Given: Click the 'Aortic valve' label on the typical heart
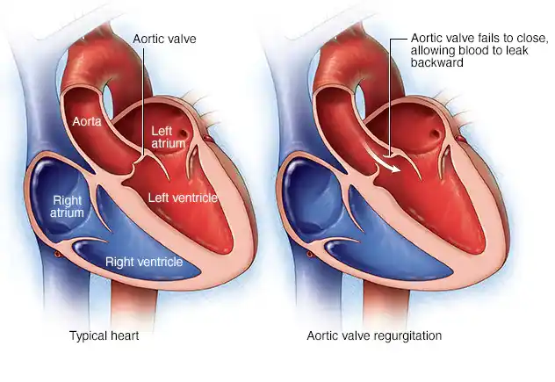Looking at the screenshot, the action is tap(164, 39).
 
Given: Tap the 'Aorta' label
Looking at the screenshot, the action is tap(87, 121).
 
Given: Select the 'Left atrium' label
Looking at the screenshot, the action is tap(168, 137).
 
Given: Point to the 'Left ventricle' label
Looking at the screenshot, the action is tap(183, 198).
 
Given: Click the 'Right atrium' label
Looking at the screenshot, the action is tap(67, 206).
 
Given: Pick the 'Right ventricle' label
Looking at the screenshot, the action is tap(144, 262).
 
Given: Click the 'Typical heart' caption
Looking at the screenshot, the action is tap(104, 335).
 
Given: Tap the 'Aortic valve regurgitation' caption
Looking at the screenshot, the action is tap(374, 335).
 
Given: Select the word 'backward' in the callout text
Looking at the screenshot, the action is tap(437, 62).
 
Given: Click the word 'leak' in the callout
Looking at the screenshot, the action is tap(516, 50).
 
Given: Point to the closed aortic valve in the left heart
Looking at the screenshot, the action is tap(136, 166).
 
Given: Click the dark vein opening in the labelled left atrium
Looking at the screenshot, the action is tap(184, 133).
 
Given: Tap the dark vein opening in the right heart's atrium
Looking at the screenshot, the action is tap(435, 134).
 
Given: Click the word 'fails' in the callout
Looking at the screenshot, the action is tap(486, 38).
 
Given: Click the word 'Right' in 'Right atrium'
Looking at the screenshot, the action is tap(68, 200).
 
